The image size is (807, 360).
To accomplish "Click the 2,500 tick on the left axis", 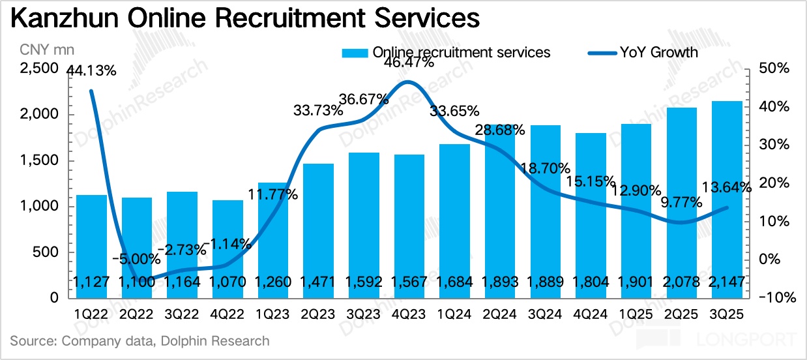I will coord(40,69).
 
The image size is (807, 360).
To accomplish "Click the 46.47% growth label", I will coord(408,63).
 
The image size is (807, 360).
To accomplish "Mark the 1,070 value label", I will coord(227,282).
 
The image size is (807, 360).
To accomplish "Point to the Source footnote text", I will coord(139,340).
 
